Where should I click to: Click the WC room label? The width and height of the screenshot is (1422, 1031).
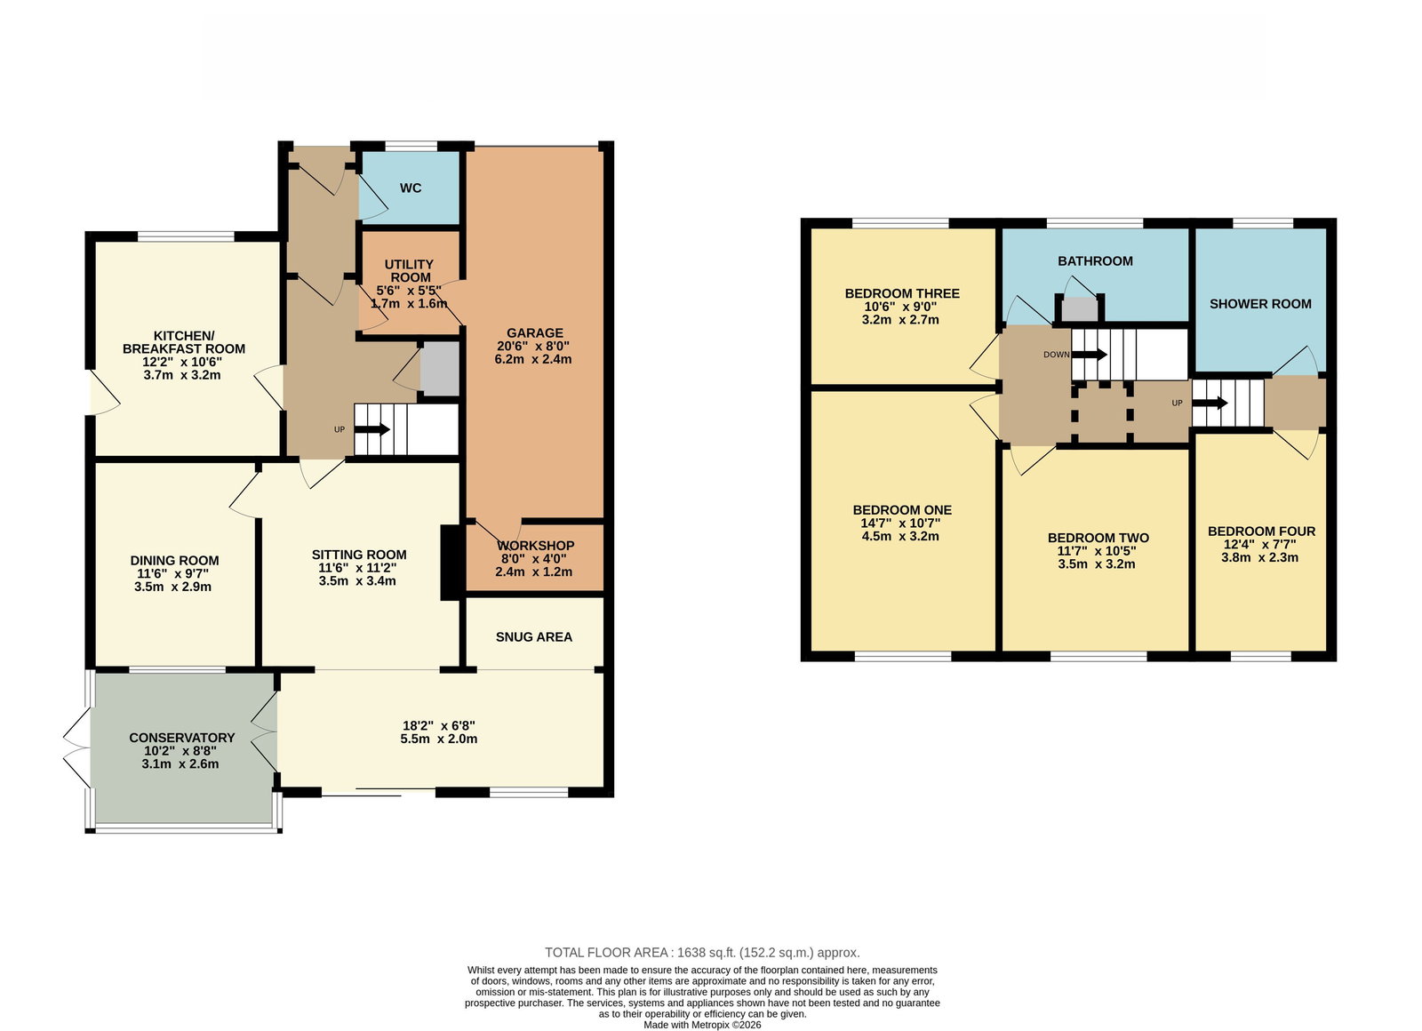[410, 188]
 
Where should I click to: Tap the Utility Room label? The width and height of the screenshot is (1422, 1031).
[410, 271]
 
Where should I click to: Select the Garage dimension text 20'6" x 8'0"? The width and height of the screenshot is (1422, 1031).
[533, 346]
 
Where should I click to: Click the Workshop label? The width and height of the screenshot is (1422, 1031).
[535, 546]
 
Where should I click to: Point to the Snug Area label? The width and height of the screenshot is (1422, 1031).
[534, 636]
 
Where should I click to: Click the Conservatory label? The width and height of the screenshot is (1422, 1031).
[181, 738]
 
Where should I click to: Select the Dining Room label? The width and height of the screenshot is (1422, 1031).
[174, 561]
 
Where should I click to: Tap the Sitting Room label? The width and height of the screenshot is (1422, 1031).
[359, 555]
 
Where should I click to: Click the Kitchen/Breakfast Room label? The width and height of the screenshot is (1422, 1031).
[183, 342]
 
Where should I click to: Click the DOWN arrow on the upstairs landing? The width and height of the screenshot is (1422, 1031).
[1090, 355]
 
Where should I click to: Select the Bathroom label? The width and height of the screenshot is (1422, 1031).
[1095, 261]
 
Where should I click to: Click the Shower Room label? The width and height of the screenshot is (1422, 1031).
[1260, 304]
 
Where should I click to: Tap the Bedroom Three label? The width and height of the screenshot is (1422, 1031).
[902, 293]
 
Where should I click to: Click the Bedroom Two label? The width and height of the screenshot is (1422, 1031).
[1098, 538]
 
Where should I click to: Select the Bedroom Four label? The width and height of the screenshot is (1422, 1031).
[1261, 531]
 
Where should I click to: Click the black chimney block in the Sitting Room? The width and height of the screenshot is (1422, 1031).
[451, 563]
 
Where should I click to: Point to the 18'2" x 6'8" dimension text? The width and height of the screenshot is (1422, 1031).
[439, 725]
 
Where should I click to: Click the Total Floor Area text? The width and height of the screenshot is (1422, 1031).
[702, 952]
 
